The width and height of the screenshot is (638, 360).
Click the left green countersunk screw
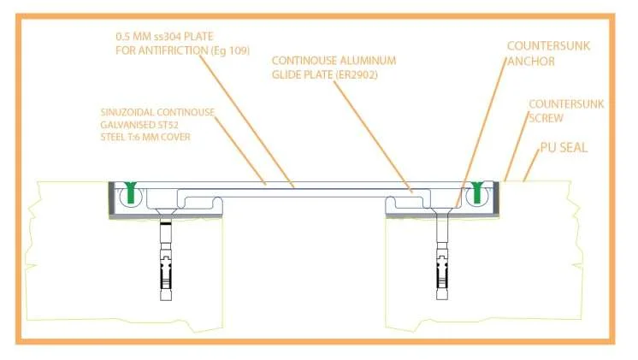pyautogui.click(x=131, y=192)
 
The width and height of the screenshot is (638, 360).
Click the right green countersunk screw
pyautogui.click(x=477, y=192)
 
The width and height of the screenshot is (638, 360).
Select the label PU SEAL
pyautogui.click(x=564, y=148)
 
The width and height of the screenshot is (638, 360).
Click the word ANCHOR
pyautogui.click(x=531, y=62)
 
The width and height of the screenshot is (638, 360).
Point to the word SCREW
pyautogui.click(x=546, y=118)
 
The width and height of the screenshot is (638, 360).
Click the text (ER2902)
pyautogui.click(x=357, y=75)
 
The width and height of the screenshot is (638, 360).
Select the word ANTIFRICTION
pyautogui.click(x=174, y=50)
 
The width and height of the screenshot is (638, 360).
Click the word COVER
pyautogui.click(x=175, y=137)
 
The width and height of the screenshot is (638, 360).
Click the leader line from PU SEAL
pyautogui.click(x=531, y=165)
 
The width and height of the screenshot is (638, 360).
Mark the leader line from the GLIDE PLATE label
pyautogui.click(x=373, y=136)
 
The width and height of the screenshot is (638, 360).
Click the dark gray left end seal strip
pyautogui.click(x=111, y=200)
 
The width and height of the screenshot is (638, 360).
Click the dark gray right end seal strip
pyautogui.click(x=496, y=199)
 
